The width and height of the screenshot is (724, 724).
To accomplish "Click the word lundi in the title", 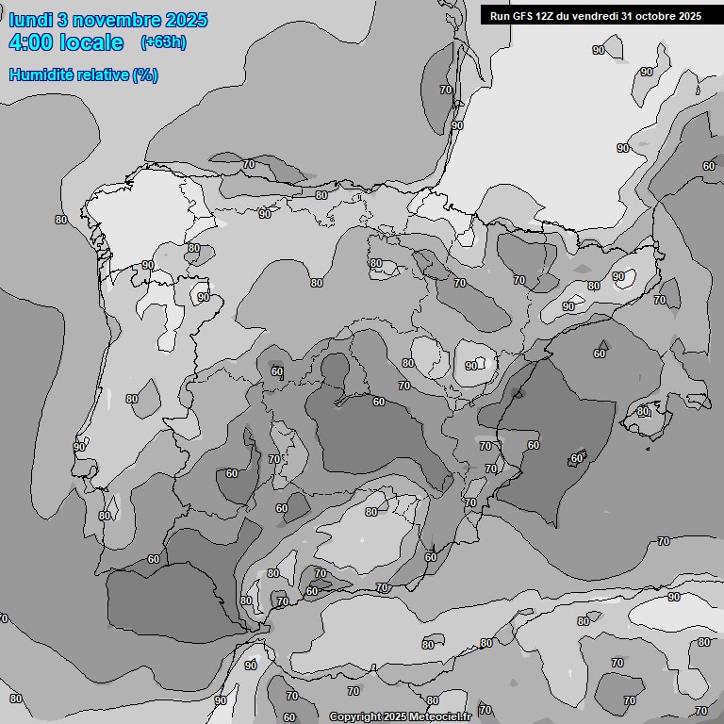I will pos(29,20).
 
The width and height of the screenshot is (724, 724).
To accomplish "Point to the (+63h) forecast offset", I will pos(162,42).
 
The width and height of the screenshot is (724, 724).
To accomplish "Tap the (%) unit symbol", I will pos(144,74).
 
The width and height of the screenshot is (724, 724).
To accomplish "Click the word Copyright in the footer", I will pos(355,717).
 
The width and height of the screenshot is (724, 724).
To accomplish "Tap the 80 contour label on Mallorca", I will pos(643,411).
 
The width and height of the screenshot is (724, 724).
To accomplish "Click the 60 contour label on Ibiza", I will pos(577,458).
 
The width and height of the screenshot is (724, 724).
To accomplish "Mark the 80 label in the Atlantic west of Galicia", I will pos(61,220).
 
